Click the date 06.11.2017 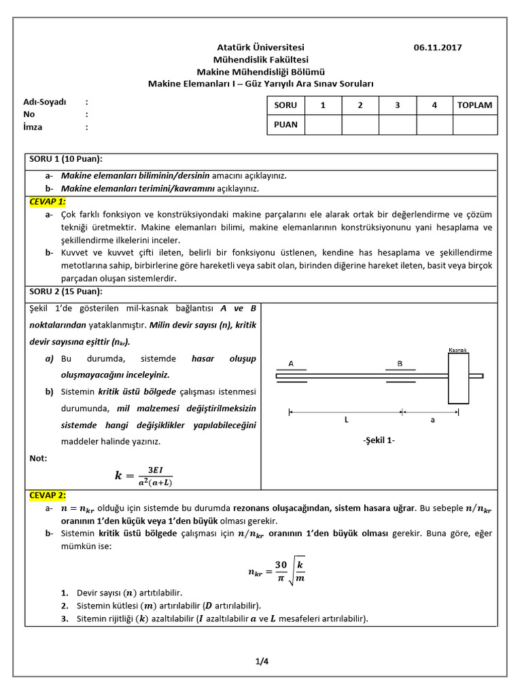tap(437, 48)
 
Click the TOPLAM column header tap(476, 105)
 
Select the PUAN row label tap(285, 124)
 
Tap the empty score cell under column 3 tap(397, 124)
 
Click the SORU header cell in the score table tap(285, 105)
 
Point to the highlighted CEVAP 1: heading tap(48, 202)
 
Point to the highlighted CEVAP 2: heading tap(48, 495)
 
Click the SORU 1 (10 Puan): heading tap(65, 159)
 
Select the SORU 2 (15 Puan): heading tap(65, 292)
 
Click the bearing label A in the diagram tap(291, 364)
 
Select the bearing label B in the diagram tap(400, 364)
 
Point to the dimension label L tap(346, 420)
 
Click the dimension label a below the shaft tap(432, 420)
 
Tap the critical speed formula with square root tap(276, 572)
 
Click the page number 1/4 tap(262, 659)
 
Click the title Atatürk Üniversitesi tap(260, 48)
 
